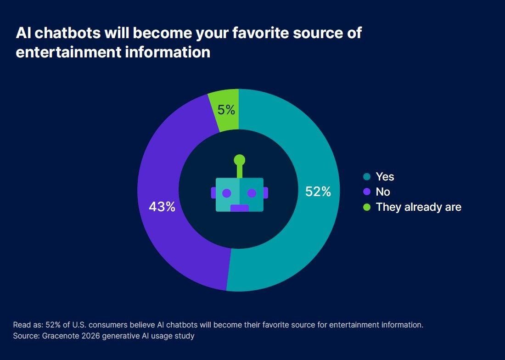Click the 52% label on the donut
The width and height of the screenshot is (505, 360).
[318, 192]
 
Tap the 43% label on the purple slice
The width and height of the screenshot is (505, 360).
[162, 207]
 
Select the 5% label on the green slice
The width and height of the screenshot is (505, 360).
[226, 110]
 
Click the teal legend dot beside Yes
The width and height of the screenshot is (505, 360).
[366, 177]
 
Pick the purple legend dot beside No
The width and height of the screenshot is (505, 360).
[366, 192]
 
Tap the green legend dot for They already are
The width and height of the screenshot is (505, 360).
[366, 207]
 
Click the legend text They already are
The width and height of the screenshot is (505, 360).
[418, 207]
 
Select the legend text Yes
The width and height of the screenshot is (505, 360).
[385, 177]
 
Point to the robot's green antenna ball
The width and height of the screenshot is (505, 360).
[239, 160]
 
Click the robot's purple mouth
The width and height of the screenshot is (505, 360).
[239, 208]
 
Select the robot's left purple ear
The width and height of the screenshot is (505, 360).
[213, 193]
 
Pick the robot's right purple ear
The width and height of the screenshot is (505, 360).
[266, 193]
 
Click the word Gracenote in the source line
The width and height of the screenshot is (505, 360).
[58, 336]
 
